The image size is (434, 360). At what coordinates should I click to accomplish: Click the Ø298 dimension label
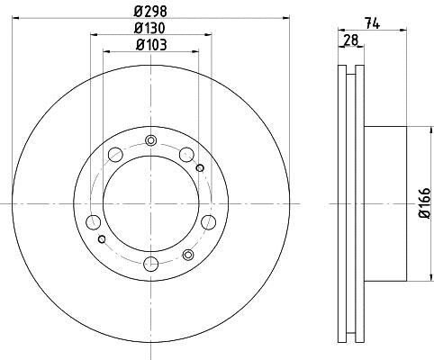150,12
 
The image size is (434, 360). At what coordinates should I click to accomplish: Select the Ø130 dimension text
149,28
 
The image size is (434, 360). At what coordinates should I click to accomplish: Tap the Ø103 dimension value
151,45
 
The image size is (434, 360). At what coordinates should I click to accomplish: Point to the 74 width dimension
373,23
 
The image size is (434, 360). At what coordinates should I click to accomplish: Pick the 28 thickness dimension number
351,40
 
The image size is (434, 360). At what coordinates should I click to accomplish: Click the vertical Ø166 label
425,203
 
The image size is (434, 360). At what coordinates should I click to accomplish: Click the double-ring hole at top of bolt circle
150,140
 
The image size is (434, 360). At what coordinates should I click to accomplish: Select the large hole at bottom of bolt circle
151,264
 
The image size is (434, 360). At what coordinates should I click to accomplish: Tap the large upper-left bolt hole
115,155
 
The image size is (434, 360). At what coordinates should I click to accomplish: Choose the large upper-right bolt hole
186,155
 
